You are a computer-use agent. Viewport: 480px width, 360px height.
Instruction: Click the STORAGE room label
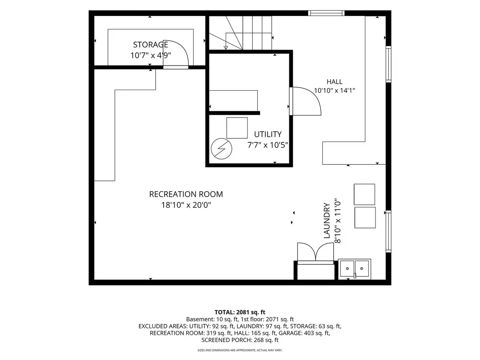[x=150, y=45]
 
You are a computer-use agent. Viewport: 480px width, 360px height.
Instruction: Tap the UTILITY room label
[x=268, y=134]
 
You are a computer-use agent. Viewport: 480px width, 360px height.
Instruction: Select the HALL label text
[x=334, y=82]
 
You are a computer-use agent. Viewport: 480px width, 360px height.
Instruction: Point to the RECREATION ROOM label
[x=186, y=194]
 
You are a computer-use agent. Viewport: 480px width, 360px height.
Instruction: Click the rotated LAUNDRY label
[x=326, y=220]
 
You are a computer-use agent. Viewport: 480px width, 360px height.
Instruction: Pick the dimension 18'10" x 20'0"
[x=186, y=205]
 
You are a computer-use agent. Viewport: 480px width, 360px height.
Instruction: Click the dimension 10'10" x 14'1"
[x=334, y=90]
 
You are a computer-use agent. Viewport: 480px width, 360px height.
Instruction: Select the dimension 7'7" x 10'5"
[x=268, y=145]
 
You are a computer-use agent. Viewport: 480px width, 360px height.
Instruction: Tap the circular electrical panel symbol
[x=221, y=149]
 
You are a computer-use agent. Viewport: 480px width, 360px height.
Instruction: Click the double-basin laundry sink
[x=354, y=269]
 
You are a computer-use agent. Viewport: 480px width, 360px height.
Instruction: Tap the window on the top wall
[x=326, y=13]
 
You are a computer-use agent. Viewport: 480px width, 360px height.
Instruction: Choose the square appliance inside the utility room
[x=237, y=128]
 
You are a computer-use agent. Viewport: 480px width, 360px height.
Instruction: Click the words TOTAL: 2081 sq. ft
[x=240, y=312]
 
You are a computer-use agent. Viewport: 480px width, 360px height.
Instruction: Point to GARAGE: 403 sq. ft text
[x=304, y=333]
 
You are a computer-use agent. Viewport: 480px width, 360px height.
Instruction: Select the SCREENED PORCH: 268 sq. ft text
[x=240, y=340]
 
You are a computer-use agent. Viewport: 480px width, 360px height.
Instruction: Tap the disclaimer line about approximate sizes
[x=240, y=350]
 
